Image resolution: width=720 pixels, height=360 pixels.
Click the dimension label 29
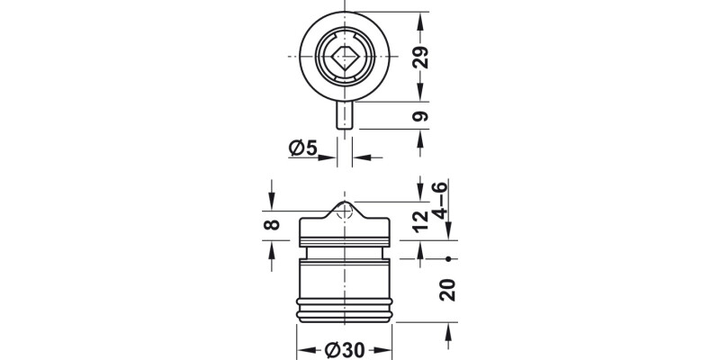pyautogui.click(x=421, y=57)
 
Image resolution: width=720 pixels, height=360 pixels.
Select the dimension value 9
pyautogui.click(x=421, y=116)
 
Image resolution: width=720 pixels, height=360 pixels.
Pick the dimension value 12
pyautogui.click(x=421, y=222)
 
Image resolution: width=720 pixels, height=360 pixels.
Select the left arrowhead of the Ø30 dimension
pyautogui.click(x=304, y=349)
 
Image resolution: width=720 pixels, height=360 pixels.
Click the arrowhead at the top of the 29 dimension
pyautogui.click(x=421, y=18)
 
